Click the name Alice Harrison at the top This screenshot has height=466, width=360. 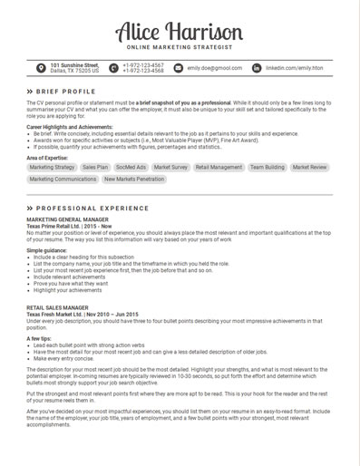pyautogui.click(x=180, y=32)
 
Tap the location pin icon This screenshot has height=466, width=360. pyautogui.click(x=41, y=68)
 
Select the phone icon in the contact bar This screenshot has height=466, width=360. pyautogui.click(x=113, y=68)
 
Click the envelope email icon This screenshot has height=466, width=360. pyautogui.click(x=178, y=68)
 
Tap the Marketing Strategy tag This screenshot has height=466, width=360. pyautogui.click(x=52, y=168)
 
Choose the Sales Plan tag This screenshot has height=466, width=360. pyautogui.click(x=94, y=168)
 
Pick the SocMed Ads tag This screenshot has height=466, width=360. pyautogui.click(x=131, y=168)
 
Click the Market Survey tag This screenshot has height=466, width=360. pyautogui.click(x=170, y=168)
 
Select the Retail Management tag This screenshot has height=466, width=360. pyautogui.click(x=219, y=168)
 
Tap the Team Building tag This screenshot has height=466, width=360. pyautogui.click(x=267, y=168)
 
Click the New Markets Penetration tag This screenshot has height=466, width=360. pyautogui.click(x=134, y=180)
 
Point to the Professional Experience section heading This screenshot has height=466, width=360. pyautogui.click(x=83, y=209)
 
